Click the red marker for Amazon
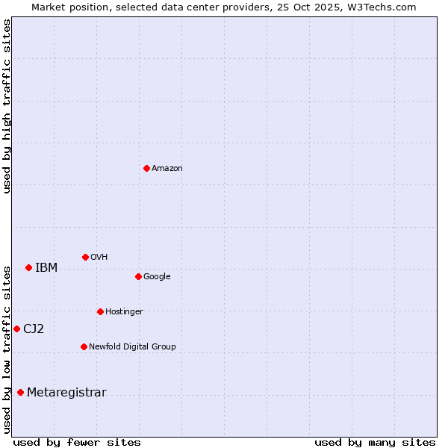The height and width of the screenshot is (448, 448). coord(146,168)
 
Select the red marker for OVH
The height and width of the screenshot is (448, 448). coord(85,257)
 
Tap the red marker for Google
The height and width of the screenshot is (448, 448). coord(138,276)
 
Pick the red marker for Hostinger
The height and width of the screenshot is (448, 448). coord(100,311)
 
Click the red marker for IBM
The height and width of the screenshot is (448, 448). coord(28,267)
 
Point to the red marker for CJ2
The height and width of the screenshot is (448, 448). coord(16,329)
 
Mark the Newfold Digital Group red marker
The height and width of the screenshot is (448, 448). coord(84,346)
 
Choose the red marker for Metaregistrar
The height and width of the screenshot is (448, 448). coord(20,393)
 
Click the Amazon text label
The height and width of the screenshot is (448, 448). coord(167,169)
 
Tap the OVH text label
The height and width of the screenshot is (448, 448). coord(99,258)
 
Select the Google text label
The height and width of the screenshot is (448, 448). coord(157,277)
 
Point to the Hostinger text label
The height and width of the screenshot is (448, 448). coord(124,312)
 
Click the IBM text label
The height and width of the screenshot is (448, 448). coord(46,268)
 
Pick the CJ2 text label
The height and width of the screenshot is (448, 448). coord(34,329)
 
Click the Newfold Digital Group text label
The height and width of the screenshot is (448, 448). coord(133,347)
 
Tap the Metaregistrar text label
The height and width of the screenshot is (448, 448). coord(66,393)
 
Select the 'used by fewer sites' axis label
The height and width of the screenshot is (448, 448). coord(77,442)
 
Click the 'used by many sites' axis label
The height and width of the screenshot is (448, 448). coord(375,442)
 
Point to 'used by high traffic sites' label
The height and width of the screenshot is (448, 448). coord(7,106)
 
